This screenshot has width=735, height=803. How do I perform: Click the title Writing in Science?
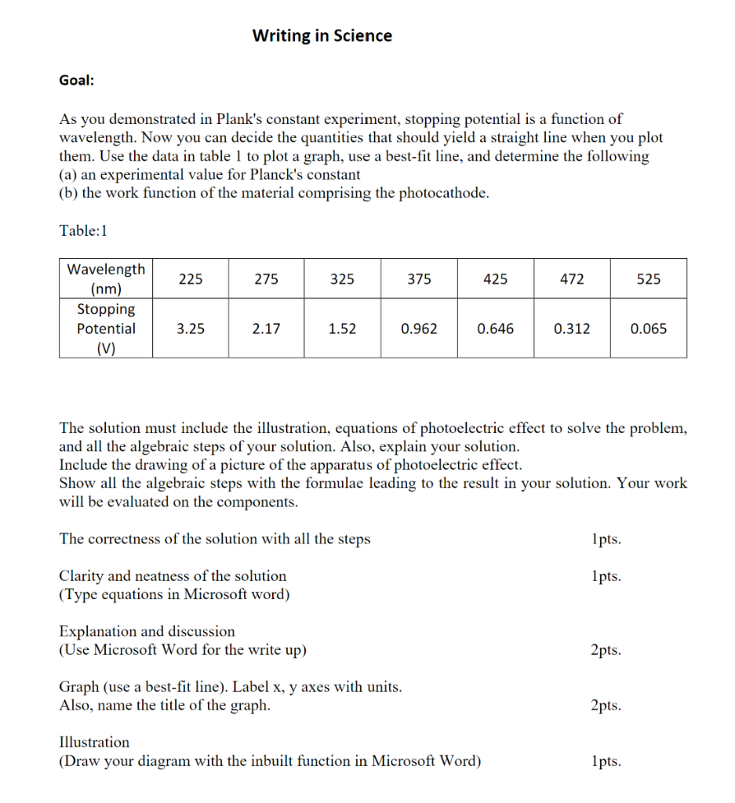(x=322, y=35)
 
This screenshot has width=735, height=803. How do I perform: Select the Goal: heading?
(x=76, y=80)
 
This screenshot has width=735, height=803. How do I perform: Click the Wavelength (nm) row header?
(x=106, y=278)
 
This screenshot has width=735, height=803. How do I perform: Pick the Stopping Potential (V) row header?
(x=106, y=329)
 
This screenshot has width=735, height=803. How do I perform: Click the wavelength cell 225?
(x=190, y=278)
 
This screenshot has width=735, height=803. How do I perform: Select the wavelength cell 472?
(x=572, y=278)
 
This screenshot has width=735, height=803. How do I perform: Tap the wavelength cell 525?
(x=649, y=278)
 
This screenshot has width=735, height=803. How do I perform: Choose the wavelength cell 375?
(x=419, y=278)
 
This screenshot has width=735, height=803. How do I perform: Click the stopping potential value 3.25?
(x=190, y=329)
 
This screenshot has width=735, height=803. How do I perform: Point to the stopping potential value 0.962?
(x=419, y=329)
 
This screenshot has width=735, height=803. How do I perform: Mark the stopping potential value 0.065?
(x=649, y=329)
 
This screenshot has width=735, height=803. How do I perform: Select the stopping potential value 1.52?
(x=343, y=329)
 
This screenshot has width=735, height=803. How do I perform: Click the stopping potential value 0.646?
(x=496, y=329)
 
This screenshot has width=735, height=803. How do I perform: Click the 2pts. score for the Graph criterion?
(x=605, y=705)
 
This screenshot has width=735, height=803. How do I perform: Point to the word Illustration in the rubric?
(x=95, y=742)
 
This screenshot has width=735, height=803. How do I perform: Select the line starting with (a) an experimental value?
(x=209, y=174)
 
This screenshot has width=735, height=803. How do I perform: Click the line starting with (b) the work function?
(x=274, y=193)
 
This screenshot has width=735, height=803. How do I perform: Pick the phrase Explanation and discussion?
(x=147, y=631)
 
